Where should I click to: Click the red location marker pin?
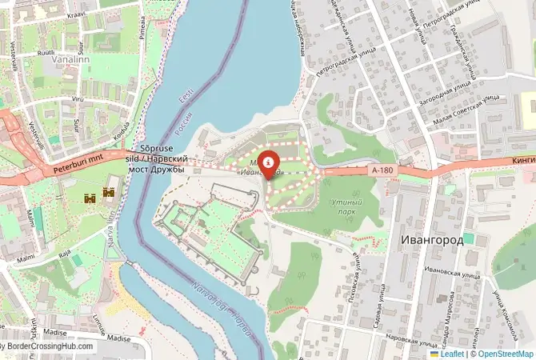268,163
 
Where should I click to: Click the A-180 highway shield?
382,170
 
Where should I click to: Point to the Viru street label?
78,99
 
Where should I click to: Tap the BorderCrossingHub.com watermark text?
50,346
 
